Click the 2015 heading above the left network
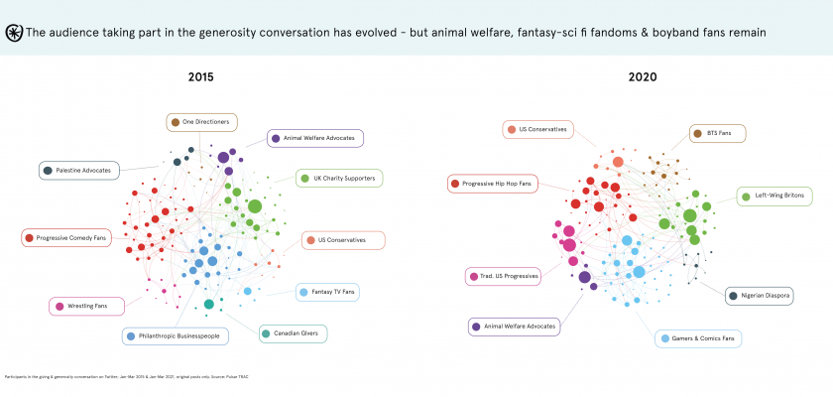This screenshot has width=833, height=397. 200,75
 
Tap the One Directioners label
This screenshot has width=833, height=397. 201,122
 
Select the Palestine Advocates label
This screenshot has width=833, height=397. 79,171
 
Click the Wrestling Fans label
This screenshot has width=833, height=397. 86,306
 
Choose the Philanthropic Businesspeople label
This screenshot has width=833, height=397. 176,335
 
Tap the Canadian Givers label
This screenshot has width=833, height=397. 292,333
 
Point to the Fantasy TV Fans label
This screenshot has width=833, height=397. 326,292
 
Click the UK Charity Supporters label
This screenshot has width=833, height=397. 340,178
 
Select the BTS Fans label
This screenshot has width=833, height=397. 717,133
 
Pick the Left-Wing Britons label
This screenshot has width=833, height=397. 779,197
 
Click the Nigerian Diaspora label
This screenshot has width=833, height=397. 759,295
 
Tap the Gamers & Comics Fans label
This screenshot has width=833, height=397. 698,338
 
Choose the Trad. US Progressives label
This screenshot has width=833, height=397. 503,276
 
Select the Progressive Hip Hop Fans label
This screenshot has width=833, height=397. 492,183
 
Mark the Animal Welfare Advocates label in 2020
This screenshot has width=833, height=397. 514,326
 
